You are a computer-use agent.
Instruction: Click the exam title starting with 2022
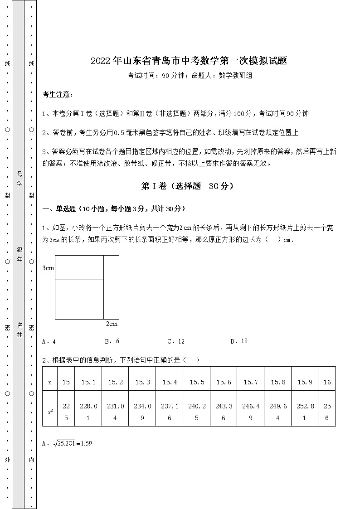coord(189,61)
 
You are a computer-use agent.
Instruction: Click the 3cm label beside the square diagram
coord(48,268)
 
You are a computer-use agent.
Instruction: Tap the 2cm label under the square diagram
coord(112,324)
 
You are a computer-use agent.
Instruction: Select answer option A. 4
coord(49,341)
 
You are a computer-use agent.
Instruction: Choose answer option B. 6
coord(112,341)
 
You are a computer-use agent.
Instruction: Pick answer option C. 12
coord(176,341)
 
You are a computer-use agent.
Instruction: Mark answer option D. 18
coord(239,341)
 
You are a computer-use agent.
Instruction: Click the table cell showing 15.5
coord(197,382)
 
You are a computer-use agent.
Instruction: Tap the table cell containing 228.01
coord(88,412)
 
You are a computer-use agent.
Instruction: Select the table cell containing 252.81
coord(304,412)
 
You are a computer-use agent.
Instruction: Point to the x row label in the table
coord(50,382)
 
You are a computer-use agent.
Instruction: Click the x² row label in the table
coord(50,412)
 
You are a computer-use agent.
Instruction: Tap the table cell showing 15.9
coord(304,382)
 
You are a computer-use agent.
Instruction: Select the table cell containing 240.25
coord(197,412)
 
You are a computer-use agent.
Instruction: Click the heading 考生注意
coord(57,94)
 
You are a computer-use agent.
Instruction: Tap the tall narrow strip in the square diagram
coord(112,287)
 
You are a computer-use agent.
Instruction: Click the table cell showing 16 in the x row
coord(327,382)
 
